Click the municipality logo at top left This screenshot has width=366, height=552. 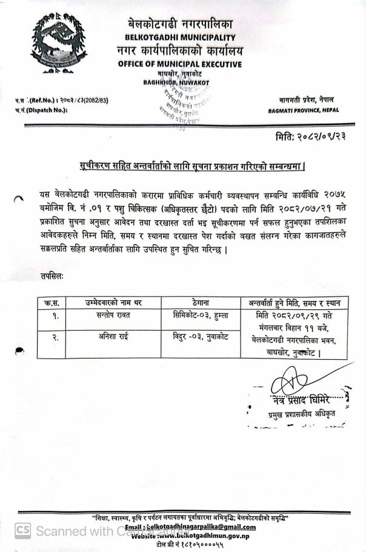(59, 44)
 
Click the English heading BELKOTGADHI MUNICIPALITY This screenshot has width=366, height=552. (180, 38)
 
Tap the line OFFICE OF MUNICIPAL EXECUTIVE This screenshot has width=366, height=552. (180, 64)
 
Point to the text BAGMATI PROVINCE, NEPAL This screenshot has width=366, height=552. (303, 110)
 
